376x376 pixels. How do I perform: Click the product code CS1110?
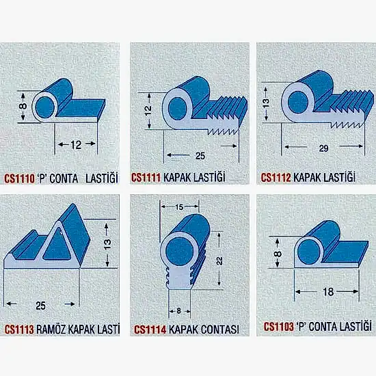coord(19,178)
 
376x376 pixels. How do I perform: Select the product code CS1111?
coord(146,178)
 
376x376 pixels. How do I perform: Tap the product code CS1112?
coord(276,178)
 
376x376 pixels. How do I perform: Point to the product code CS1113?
coord(19,330)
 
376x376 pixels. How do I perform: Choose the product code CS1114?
coord(150,330)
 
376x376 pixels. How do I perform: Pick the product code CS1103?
coord(279,327)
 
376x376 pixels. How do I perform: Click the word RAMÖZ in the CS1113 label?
coord(51,330)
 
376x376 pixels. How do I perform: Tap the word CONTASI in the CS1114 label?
coord(220,330)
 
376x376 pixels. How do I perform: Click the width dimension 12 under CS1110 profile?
coord(76,145)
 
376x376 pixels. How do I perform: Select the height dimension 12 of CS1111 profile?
coord(148,111)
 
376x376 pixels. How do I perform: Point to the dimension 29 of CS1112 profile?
coord(323,148)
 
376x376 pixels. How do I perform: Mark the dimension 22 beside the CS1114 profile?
coord(219,260)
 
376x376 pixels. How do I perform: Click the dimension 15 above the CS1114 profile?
coord(179,207)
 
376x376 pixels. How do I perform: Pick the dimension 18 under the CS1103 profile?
coord(328,292)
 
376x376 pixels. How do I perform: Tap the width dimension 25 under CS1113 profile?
coord(40,306)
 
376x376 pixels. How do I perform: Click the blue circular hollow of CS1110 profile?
coord(44,107)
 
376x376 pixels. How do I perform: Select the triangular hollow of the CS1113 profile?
coord(57,245)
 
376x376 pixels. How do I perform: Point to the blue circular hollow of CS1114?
coord(180,252)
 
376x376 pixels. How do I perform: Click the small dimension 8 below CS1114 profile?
coord(178,311)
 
